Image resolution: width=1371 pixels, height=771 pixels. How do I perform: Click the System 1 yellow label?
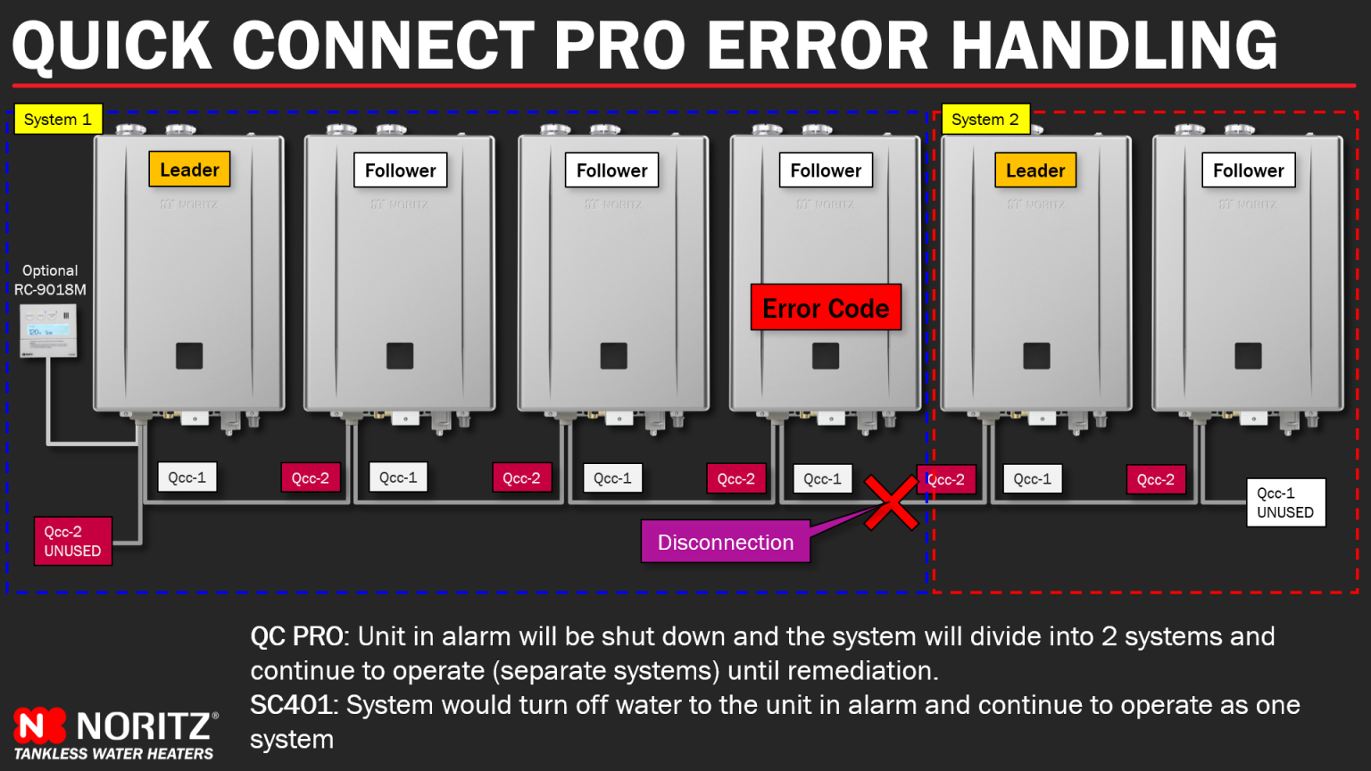[58, 120]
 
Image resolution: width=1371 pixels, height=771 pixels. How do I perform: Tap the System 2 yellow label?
[985, 120]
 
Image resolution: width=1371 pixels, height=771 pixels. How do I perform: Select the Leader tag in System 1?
[189, 170]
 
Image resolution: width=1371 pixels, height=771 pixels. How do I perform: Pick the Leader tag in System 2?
[1035, 170]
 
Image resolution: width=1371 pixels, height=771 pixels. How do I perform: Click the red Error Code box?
[826, 308]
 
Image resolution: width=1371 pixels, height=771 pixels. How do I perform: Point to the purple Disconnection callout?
[725, 543]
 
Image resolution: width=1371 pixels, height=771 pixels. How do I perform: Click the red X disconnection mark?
[890, 502]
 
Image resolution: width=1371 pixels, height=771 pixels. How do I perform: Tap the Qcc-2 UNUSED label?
[73, 542]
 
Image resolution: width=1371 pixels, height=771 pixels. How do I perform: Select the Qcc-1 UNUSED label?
[1285, 502]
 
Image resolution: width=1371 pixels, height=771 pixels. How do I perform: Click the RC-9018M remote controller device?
[48, 330]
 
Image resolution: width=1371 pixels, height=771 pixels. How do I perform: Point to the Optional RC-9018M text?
[50, 280]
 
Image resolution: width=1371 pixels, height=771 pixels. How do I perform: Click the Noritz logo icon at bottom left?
[39, 725]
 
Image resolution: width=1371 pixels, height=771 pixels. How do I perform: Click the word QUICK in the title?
[112, 46]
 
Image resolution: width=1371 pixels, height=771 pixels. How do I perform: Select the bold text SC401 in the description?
[292, 705]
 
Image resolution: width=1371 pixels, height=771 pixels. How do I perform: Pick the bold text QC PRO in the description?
[297, 636]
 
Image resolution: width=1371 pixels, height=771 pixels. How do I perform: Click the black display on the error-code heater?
[826, 356]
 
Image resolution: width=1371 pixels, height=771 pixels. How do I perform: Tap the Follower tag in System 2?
[1248, 170]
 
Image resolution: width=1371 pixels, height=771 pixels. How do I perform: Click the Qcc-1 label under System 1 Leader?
[187, 477]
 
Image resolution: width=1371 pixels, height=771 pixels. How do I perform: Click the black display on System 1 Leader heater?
[189, 356]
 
